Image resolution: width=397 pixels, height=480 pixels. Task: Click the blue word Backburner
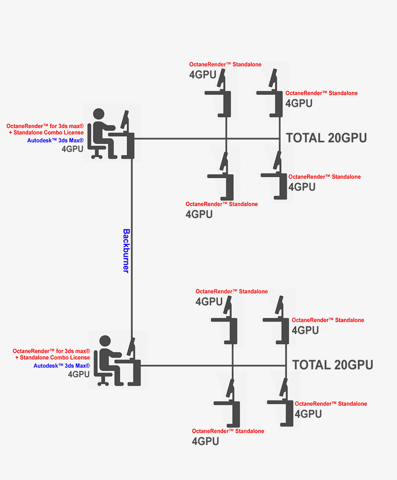pyautogui.click(x=126, y=251)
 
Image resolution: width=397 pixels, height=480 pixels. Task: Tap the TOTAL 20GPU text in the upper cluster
pyautogui.click(x=326, y=138)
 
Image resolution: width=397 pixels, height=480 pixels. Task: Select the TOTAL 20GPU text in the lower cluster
pyautogui.click(x=332, y=365)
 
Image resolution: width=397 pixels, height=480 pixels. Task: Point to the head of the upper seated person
pyautogui.click(x=98, y=114)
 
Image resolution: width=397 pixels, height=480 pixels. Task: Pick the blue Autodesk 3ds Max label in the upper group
pyautogui.click(x=55, y=141)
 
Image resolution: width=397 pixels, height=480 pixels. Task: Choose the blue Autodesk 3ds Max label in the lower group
pyautogui.click(x=62, y=366)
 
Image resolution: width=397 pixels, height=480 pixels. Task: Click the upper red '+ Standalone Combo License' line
pyautogui.click(x=46, y=133)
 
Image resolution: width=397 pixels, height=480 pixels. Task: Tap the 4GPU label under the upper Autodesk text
pyautogui.click(x=73, y=149)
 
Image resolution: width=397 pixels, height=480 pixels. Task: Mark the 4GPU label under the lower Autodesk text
pyautogui.click(x=79, y=374)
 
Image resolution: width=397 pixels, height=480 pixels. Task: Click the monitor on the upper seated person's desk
pyautogui.click(x=125, y=121)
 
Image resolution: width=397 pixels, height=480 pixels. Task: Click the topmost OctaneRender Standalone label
pyautogui.click(x=225, y=64)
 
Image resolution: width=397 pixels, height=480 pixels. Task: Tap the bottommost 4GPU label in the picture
pyautogui.click(x=205, y=441)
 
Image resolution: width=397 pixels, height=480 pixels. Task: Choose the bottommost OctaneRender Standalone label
pyautogui.click(x=228, y=431)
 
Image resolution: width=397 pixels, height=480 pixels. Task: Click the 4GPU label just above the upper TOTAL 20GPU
pyautogui.click(x=299, y=103)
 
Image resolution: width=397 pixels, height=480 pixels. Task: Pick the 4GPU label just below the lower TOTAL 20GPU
pyautogui.click(x=308, y=414)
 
